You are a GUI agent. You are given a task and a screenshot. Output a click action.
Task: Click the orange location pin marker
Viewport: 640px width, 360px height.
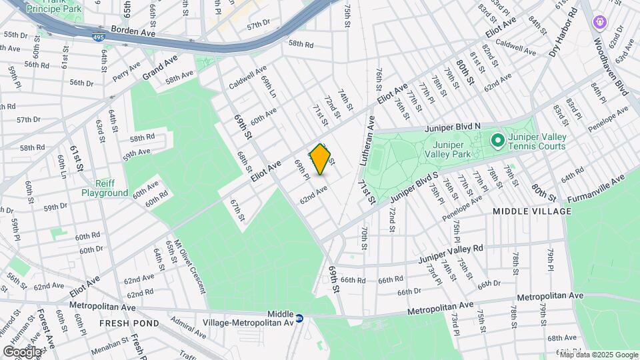tap(321, 159)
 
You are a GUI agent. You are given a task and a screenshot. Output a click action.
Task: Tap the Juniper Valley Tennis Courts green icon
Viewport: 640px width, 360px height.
tap(497, 141)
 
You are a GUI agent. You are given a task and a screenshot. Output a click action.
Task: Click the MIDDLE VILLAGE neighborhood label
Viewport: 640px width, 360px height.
tap(532, 211)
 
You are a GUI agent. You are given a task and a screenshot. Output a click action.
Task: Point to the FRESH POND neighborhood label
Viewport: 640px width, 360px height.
tap(129, 323)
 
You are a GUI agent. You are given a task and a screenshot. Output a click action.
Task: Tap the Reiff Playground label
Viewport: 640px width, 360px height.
tap(105, 187)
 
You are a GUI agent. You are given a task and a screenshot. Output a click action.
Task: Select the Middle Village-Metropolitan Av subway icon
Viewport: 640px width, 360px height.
tap(300, 319)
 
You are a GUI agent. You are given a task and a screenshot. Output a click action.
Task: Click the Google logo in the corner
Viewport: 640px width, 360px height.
tap(22, 351)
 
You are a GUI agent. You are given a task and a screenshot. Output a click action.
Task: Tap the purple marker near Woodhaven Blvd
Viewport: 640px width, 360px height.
tap(599, 23)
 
